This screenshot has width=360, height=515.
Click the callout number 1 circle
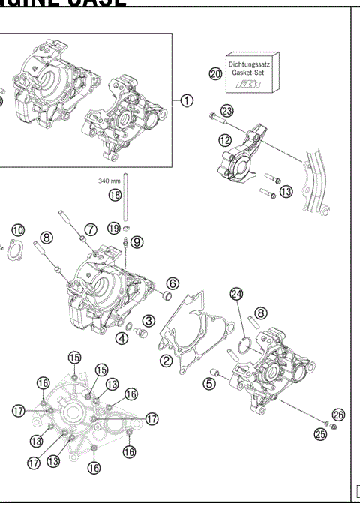187,100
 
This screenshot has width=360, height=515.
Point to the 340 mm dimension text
110,181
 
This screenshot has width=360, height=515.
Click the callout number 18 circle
114,194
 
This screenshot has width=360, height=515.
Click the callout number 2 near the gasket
166,361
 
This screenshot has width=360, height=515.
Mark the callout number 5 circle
210,382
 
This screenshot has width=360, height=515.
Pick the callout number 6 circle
172,283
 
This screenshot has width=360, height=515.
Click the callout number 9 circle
136,241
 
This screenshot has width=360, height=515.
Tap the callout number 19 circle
113,227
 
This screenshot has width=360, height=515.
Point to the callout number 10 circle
17,229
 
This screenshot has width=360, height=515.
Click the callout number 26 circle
338,414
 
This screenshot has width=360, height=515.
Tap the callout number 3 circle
148,321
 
